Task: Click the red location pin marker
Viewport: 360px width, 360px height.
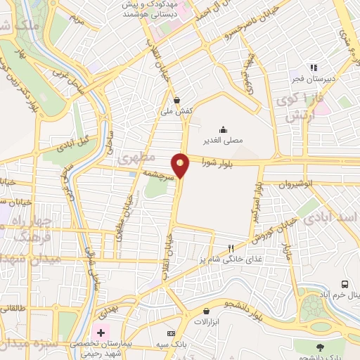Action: point(181,165)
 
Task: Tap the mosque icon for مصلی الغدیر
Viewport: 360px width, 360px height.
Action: point(223,129)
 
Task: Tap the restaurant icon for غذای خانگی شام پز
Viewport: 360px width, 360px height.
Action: point(231,248)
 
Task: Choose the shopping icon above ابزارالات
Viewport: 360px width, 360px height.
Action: point(206,310)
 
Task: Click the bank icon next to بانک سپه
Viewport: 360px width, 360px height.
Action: point(169,333)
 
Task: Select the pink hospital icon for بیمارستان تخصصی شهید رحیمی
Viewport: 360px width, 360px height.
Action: point(101,332)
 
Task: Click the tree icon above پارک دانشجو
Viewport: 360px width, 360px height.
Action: point(321,346)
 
